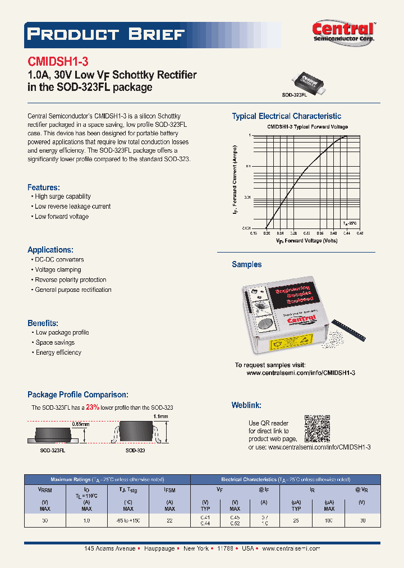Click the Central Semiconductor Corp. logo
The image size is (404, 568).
click(x=343, y=33)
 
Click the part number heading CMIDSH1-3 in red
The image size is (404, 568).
click(x=58, y=62)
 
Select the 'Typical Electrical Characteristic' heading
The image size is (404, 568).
click(x=286, y=116)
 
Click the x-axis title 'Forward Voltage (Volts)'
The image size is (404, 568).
click(x=306, y=240)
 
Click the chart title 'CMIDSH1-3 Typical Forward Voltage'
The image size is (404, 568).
click(x=307, y=127)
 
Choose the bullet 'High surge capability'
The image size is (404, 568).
click(x=62, y=196)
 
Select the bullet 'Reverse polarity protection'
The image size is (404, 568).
click(x=70, y=280)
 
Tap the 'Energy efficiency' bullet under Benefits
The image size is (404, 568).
click(x=58, y=352)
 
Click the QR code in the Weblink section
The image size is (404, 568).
click(x=317, y=428)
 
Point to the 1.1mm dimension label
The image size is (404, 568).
click(x=160, y=416)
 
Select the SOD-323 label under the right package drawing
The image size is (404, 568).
click(x=135, y=450)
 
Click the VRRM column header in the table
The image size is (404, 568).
click(x=45, y=489)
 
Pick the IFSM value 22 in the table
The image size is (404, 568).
click(x=169, y=521)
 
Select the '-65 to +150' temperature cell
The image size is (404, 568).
click(x=128, y=521)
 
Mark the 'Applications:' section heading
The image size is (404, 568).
click(x=50, y=250)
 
